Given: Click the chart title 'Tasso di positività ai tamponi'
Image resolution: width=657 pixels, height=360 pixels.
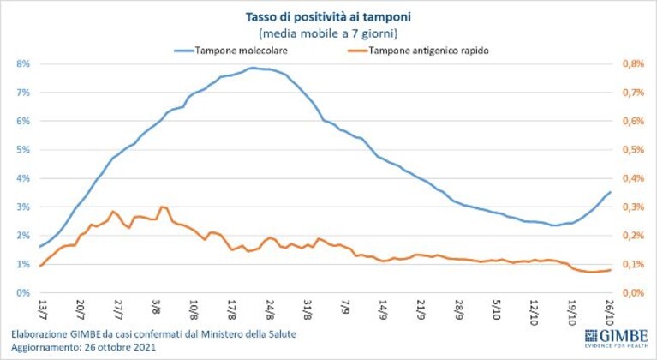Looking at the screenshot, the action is tap(328, 17).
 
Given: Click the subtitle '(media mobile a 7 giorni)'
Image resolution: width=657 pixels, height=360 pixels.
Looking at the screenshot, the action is tap(328, 33).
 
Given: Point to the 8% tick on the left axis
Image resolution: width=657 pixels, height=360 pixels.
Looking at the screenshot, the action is tap(23, 64).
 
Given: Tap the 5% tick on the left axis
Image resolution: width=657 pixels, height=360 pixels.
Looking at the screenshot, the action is tap(23, 150).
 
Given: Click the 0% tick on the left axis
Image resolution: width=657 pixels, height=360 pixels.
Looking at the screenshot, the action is tap(23, 292).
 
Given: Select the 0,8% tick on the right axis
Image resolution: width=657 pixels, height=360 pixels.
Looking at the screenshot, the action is tap(633, 64).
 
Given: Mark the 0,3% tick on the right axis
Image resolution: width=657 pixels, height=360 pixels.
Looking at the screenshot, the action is tap(633, 207).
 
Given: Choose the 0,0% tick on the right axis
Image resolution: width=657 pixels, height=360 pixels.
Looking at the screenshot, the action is tap(633, 292).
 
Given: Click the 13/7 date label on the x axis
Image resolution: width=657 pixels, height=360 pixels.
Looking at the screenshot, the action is tap(42, 309).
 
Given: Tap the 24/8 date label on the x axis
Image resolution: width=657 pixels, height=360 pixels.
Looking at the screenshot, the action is tap(270, 309).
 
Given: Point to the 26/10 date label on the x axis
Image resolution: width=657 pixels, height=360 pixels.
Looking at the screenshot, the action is tap(610, 311).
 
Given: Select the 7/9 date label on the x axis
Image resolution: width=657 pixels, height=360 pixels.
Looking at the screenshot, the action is tap(346, 307).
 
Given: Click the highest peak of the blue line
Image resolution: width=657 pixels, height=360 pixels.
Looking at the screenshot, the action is tap(253, 68).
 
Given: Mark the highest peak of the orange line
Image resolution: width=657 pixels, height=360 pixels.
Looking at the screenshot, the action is tap(162, 207).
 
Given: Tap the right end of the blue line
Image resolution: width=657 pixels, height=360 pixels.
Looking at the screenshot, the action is tap(610, 192).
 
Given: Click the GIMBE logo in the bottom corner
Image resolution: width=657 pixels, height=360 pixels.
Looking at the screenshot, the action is tap(617, 339).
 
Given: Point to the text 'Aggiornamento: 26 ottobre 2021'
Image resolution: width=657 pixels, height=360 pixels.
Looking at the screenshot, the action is tap(83, 347).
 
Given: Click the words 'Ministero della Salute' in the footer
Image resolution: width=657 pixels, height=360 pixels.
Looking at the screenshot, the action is tap(248, 334).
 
